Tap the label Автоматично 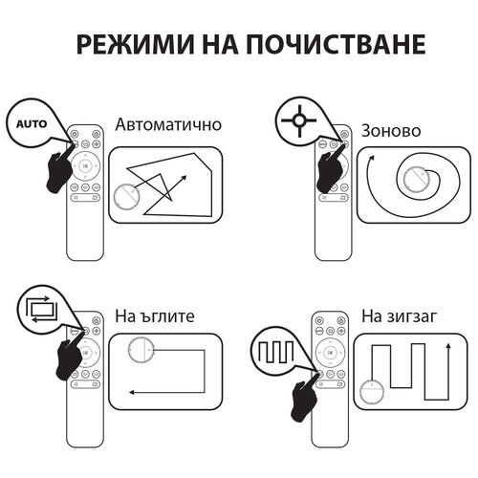(168, 125)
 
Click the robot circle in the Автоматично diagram (126, 197)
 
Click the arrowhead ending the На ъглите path (132, 392)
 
